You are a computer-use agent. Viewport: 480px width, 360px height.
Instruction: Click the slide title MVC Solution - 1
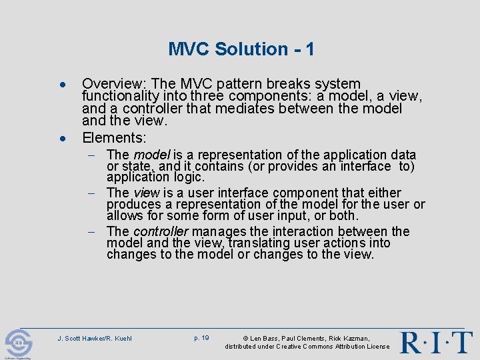coord(241,49)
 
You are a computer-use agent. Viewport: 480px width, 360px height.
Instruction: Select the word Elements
coord(113,138)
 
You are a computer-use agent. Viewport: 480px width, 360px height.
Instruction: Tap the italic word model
coord(152,155)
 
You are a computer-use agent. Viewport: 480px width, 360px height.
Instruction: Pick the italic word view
coord(146,193)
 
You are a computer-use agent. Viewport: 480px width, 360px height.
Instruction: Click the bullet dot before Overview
coord(61,87)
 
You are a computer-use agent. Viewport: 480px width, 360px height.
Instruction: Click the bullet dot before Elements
coord(61,139)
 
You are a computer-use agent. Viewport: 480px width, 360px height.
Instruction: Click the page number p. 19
coord(201,338)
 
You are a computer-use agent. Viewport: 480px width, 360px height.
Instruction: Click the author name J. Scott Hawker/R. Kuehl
coord(95,339)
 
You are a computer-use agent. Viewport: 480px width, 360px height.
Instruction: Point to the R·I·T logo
coord(436,341)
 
